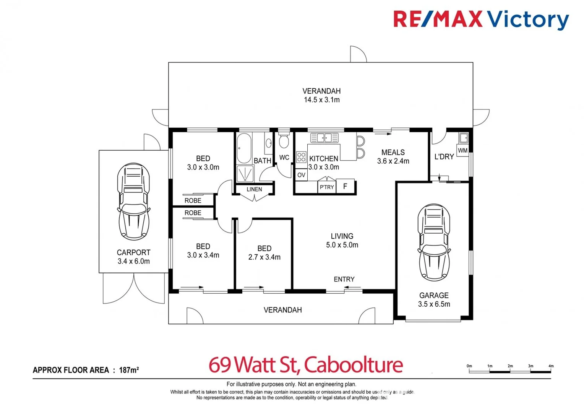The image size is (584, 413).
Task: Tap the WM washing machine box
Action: coord(462,150)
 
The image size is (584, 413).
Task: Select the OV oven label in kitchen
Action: coord(301,175)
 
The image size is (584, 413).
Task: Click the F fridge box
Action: coord(345,186)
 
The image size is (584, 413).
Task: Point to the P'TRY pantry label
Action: coord(327,187)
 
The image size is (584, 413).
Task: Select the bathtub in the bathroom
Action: coord(244,148)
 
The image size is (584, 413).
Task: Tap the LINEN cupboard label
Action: coord(254,189)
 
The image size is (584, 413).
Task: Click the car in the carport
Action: coord(133,201)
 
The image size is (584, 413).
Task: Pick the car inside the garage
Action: coord(434,242)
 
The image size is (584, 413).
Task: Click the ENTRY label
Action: coord(344,279)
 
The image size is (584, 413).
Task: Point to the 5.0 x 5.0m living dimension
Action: coord(342,245)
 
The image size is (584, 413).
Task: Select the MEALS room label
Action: coord(393,152)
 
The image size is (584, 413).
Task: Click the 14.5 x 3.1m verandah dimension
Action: coord(321,100)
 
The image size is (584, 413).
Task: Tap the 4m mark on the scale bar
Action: coord(551,366)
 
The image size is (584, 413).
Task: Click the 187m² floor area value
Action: coord(129,370)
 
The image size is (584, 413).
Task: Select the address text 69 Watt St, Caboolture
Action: coord(305,364)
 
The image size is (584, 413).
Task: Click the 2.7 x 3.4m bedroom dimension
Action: coord(264,257)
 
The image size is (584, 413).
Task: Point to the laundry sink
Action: coord(463,138)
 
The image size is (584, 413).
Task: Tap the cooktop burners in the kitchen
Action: coord(301,157)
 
